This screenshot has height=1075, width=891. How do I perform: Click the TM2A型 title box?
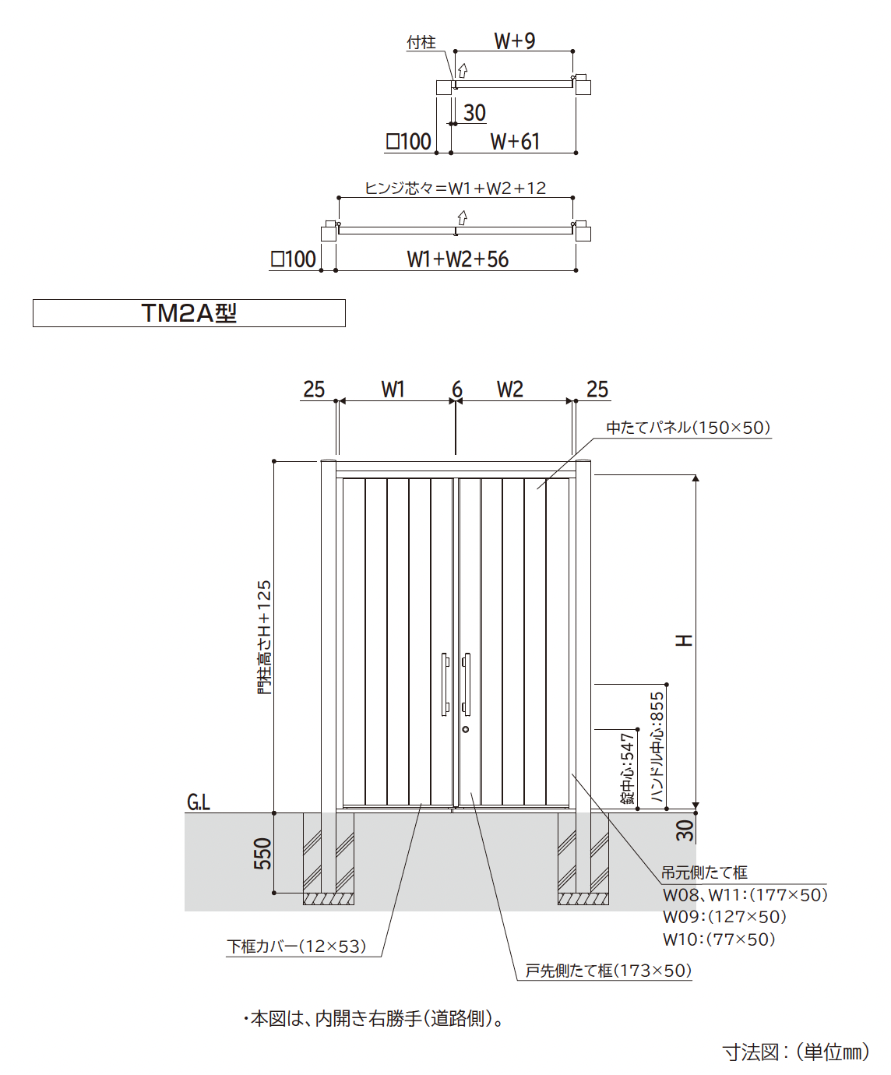(x=189, y=313)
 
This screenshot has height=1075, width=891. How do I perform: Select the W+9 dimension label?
(x=514, y=41)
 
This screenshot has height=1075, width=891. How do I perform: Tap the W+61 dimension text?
(x=515, y=142)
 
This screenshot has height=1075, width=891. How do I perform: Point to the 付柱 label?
(x=421, y=42)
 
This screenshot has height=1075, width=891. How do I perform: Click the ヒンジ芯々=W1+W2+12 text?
(x=455, y=188)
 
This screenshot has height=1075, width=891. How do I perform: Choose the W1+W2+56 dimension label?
(x=458, y=259)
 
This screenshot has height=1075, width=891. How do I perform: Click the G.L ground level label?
(x=199, y=802)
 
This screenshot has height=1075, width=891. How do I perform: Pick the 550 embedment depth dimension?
(x=262, y=854)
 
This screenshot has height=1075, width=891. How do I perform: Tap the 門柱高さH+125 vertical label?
(x=264, y=637)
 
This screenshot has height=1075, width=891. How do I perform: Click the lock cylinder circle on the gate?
(x=465, y=730)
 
